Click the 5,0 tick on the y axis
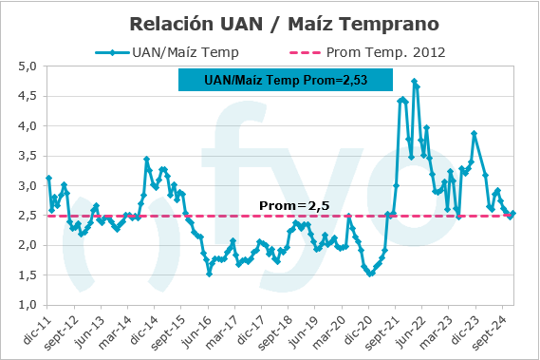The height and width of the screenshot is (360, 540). pos(26,66)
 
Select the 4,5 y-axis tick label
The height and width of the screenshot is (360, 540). pos(26,96)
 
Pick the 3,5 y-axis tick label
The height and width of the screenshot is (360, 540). pos(26,156)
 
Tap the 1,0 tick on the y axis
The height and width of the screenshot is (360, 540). pos(26,305)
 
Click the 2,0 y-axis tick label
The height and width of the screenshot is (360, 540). pos(26,245)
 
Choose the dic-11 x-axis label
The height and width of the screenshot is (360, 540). pos(37,327)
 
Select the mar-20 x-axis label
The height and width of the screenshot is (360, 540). pos(332,328)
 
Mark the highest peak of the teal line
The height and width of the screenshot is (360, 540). pos(415,83)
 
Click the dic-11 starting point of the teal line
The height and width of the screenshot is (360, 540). pos(48,178)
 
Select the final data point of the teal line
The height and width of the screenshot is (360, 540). pos(513,214)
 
